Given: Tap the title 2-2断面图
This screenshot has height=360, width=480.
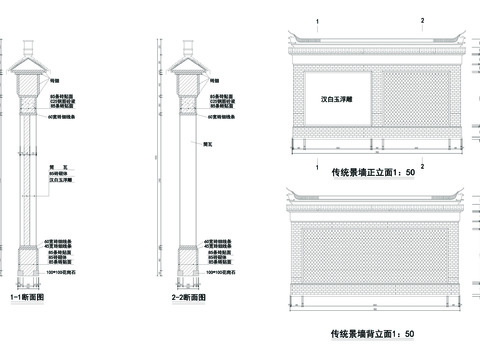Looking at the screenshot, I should click(187, 297).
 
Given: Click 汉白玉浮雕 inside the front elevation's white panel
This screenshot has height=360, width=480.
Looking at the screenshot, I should click(336, 101).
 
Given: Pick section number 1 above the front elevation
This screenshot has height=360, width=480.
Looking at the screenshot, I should click(317, 20).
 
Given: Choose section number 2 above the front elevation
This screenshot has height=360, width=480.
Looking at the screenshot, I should click(422, 20).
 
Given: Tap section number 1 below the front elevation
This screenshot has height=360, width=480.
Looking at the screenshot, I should click(317, 165).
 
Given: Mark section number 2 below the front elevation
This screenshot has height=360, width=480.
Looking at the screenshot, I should click(422, 165).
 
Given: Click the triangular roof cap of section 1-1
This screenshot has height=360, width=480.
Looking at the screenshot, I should click(28, 67).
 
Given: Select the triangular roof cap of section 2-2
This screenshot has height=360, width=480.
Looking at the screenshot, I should click(188, 67).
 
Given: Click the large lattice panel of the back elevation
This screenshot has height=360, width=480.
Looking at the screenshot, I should click(372, 255).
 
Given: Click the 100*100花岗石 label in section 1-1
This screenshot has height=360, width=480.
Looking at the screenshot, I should click(61, 271).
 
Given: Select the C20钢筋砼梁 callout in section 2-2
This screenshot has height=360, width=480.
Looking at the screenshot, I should click(223, 101).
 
